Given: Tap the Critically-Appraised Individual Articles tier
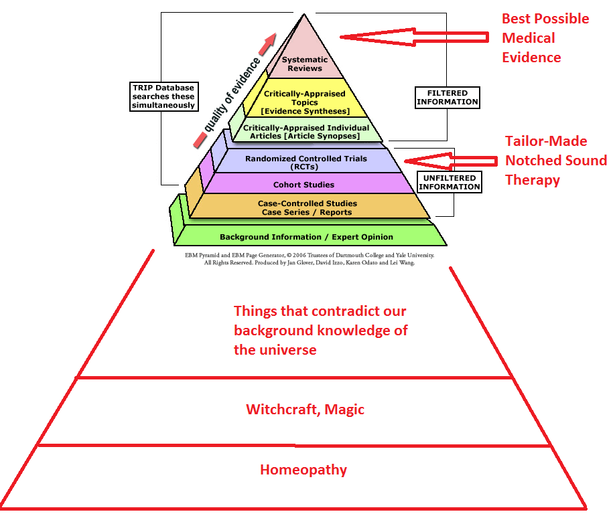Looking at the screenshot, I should tap(305, 131).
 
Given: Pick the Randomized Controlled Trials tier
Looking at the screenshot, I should tap(305, 163).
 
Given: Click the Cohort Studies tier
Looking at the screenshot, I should tap(303, 184).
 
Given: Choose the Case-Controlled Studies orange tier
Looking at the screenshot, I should tap(308, 207).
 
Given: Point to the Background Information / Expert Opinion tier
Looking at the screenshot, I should tap(306, 236).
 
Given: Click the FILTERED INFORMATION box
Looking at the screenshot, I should tap(448, 97).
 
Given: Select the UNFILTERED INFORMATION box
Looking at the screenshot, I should tap(450, 182).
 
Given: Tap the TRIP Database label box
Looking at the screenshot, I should tap(163, 96).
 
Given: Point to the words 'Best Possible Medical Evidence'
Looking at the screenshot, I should tap(545, 37).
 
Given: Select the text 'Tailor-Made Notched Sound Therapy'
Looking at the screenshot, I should tap(555, 161).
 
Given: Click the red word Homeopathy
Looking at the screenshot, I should tap(303, 469).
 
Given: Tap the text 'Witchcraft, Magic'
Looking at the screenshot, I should tap(305, 409).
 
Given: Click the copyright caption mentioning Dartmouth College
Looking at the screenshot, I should tap(309, 259).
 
